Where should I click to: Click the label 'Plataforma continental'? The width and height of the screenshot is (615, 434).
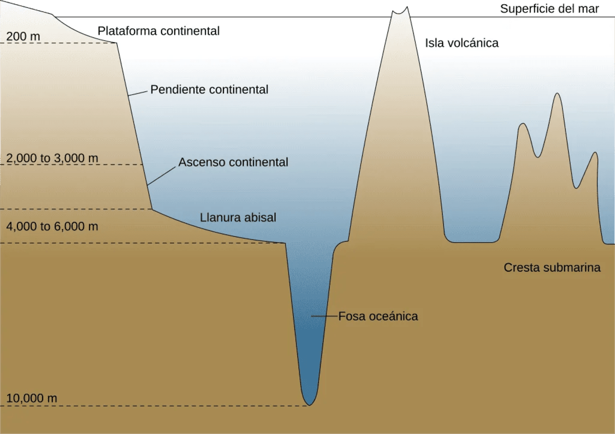point(158,31)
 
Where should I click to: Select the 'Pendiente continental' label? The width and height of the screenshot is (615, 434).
point(209,90)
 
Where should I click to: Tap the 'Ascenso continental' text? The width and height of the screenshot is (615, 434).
point(233,162)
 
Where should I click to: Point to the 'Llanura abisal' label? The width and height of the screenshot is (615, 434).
point(238,218)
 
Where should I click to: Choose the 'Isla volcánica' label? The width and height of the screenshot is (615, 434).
point(462,43)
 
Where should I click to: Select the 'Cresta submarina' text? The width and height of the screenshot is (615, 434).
point(552,267)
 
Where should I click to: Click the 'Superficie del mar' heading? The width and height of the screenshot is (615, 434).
point(549,9)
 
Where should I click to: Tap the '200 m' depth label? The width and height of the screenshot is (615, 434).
point(23,36)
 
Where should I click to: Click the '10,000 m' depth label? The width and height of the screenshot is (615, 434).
point(32,398)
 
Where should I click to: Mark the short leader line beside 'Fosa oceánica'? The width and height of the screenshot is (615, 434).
point(324,316)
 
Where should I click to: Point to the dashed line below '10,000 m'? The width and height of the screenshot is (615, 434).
point(154,406)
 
